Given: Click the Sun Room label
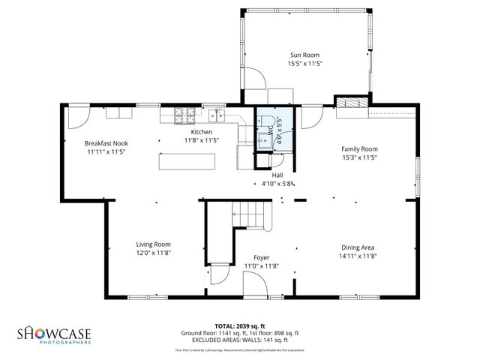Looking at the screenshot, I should [305, 55].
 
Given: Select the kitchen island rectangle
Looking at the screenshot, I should [187, 162].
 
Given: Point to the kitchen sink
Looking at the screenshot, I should [218, 115].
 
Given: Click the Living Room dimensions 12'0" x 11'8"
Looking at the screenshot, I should [153, 253].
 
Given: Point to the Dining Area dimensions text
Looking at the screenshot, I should [358, 256].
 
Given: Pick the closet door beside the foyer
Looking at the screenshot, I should [218, 277].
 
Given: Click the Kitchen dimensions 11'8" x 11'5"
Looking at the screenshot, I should [201, 140].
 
